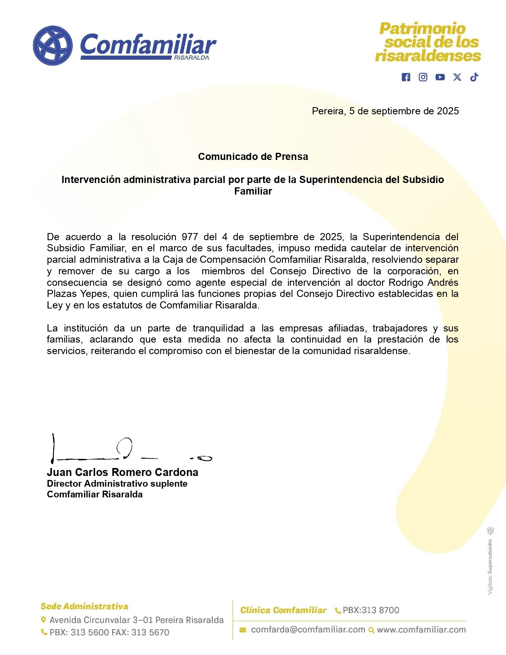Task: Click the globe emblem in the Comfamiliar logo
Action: (x=53, y=46)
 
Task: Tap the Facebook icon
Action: (x=406, y=77)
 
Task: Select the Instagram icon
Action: (x=423, y=77)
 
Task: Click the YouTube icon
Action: (x=440, y=77)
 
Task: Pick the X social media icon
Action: (x=457, y=77)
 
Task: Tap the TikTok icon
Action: (x=474, y=77)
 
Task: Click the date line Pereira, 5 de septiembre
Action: (x=385, y=111)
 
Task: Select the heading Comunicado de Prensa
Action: (x=253, y=157)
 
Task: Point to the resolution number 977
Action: (x=190, y=237)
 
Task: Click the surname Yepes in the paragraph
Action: (x=94, y=294)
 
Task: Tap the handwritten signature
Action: (x=127, y=451)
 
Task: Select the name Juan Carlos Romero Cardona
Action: (x=122, y=472)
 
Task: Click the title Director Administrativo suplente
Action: (x=117, y=484)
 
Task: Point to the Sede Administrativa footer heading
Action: (x=85, y=607)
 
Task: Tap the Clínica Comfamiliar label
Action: (x=283, y=610)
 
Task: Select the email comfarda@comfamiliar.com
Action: (x=308, y=630)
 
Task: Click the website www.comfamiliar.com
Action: (x=421, y=630)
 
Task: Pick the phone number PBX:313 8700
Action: (x=371, y=610)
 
